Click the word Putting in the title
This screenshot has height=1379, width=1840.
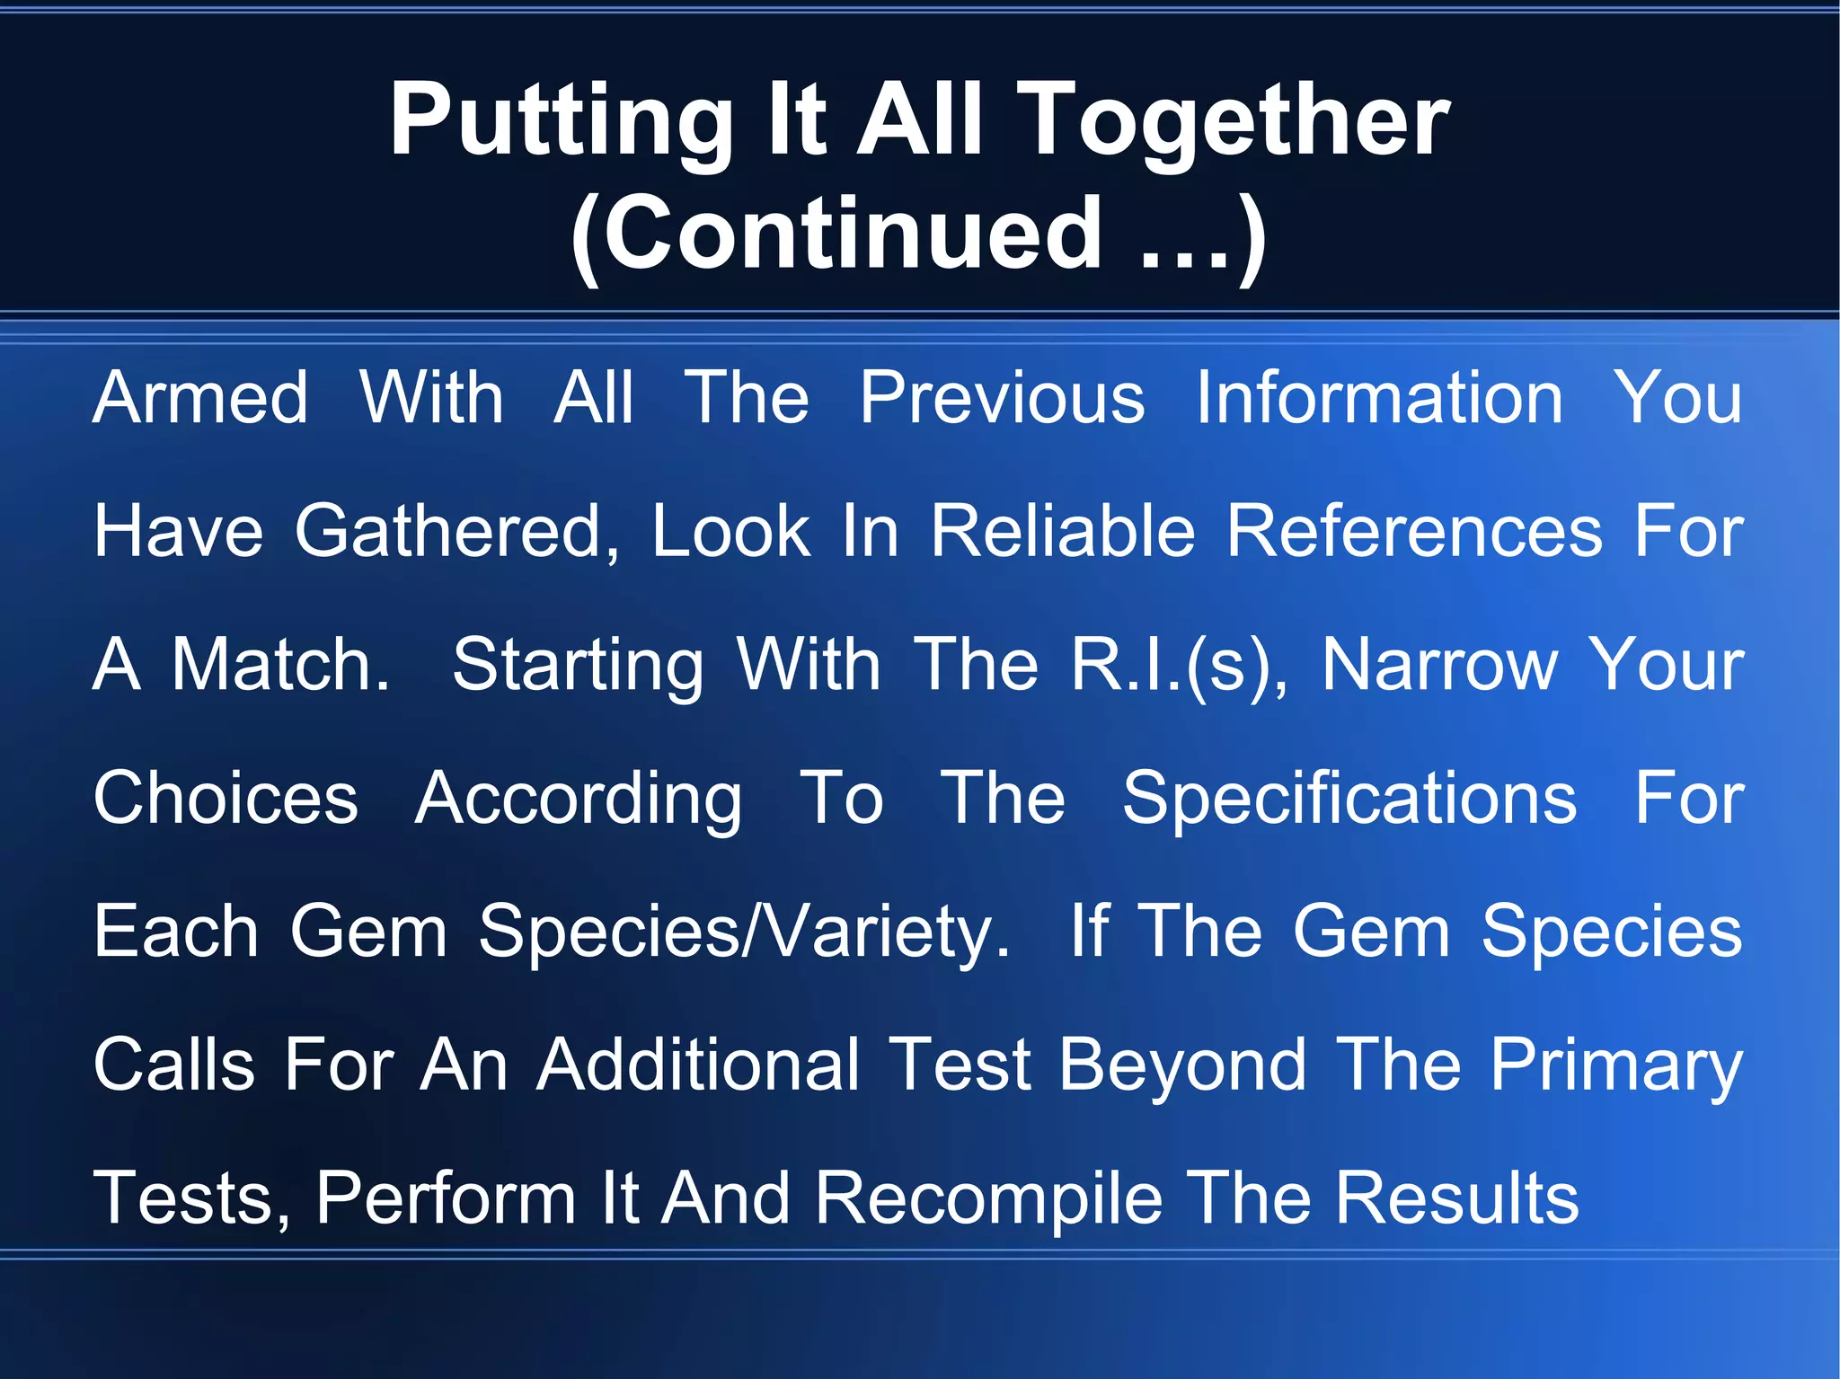point(561,121)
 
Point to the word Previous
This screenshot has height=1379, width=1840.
point(1002,398)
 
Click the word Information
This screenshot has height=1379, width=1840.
point(1379,398)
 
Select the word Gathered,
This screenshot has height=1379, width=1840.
point(457,532)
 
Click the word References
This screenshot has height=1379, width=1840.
point(1414,532)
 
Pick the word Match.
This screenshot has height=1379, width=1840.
point(281,665)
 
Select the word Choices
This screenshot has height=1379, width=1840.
point(226,799)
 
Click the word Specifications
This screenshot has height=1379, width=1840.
point(1349,799)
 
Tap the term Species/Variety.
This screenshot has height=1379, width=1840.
point(744,933)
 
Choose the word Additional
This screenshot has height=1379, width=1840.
point(698,1065)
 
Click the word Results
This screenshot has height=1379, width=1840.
point(1456,1199)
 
